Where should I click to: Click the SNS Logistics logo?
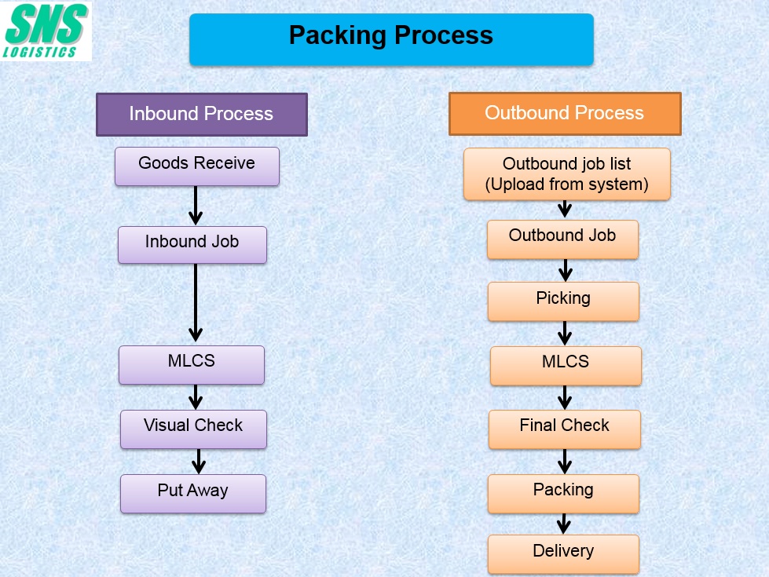[x=46, y=31]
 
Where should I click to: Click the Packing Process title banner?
[x=391, y=39]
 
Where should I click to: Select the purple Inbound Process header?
[x=202, y=115]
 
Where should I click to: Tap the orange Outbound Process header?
[x=565, y=113]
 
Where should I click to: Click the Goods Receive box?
[x=197, y=166]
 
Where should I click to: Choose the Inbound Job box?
[x=192, y=245]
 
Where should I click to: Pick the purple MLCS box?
[x=192, y=365]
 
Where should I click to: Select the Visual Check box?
[x=194, y=429]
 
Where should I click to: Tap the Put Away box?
[x=193, y=493]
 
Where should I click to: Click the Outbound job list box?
[x=567, y=174]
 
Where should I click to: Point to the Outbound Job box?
[x=562, y=239]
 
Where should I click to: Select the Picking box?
[x=563, y=301]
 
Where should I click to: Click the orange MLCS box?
[x=566, y=366]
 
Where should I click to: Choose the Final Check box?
[x=565, y=429]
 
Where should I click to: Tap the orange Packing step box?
[x=563, y=493]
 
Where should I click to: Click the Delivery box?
[x=563, y=554]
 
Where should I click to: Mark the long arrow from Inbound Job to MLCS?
[x=196, y=302]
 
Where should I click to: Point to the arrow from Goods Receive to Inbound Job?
[x=196, y=206]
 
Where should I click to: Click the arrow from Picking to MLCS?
[x=565, y=334]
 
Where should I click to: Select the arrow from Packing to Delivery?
[x=564, y=524]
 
